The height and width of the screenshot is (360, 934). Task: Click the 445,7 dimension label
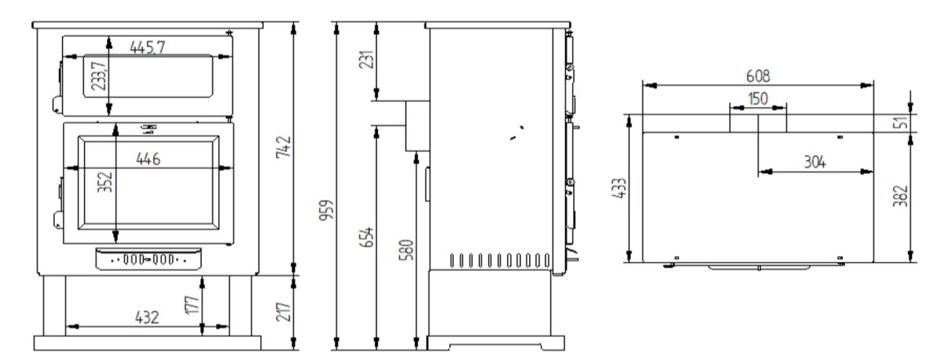[148, 48]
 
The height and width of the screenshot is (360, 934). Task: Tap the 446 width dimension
[148, 159]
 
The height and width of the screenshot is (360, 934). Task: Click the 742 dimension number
[285, 147]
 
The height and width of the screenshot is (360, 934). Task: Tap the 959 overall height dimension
[326, 210]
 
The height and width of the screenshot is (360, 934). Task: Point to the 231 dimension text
[367, 59]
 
